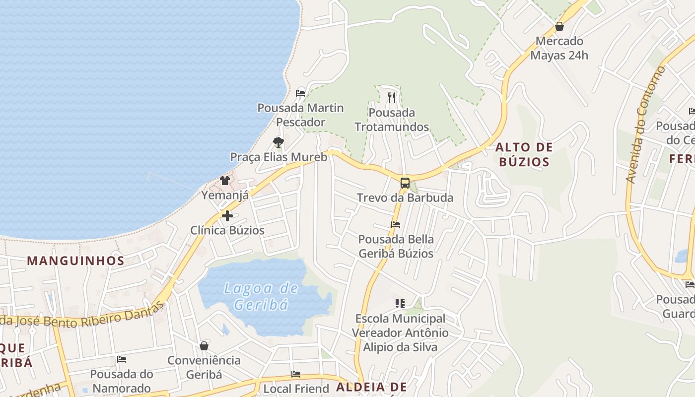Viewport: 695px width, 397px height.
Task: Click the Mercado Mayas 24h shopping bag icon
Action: click(559, 26)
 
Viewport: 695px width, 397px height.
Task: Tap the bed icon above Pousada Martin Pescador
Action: click(300, 93)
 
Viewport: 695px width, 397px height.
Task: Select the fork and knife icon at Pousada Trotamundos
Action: click(392, 97)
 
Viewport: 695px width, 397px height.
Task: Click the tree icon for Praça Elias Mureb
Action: click(278, 142)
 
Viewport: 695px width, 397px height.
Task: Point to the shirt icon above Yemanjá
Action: click(225, 180)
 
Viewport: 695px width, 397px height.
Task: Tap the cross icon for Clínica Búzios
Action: click(227, 216)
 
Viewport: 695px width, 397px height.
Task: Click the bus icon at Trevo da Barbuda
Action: click(405, 183)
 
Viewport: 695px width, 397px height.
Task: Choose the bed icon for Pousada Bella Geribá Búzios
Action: click(396, 224)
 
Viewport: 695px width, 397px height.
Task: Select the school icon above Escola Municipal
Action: click(400, 303)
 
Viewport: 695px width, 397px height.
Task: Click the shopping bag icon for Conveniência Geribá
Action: click(204, 345)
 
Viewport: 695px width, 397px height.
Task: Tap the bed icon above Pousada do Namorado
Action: click(122, 359)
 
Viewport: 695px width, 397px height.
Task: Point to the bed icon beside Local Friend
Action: click(296, 374)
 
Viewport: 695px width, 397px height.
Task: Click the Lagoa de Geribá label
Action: click(261, 296)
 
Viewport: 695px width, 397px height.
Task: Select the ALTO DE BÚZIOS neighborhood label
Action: click(524, 154)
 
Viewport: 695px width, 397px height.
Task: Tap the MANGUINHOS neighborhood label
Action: click(75, 261)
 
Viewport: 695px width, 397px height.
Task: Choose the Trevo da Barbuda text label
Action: click(405, 198)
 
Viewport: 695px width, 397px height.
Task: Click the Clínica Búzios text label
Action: click(227, 230)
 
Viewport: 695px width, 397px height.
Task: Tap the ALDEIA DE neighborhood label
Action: click(371, 387)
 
